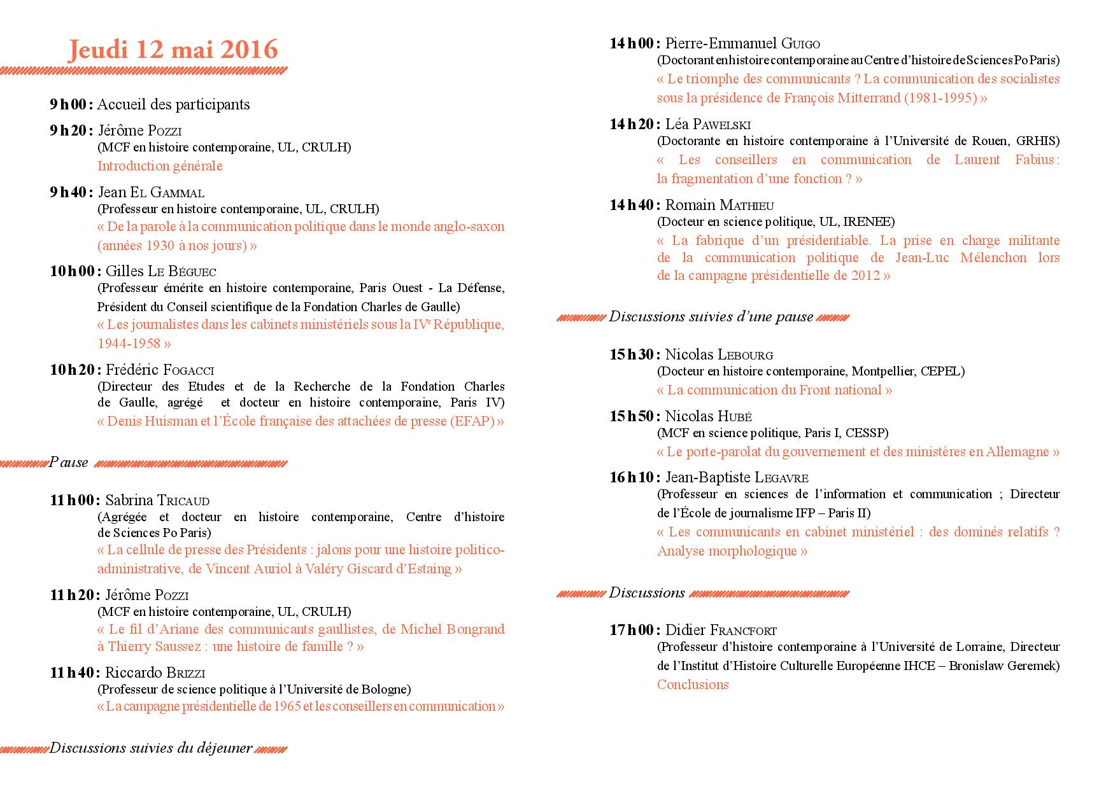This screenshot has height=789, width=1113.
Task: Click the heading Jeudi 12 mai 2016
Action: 173,50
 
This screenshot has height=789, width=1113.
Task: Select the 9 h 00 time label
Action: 72,104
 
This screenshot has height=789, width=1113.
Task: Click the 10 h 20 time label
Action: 75,370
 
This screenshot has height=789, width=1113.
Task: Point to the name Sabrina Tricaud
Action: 157,500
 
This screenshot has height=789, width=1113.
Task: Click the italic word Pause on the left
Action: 68,463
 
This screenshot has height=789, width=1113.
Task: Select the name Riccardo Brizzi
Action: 155,673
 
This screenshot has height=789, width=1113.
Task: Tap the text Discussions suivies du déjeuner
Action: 151,748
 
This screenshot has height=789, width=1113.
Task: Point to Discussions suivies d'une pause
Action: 711,317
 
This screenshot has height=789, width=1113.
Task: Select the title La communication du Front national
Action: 774,390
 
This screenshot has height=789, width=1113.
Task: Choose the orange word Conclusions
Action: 693,685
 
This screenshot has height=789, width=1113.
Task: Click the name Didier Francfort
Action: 721,631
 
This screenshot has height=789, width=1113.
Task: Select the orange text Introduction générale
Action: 160,166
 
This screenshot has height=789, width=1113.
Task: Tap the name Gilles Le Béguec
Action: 161,271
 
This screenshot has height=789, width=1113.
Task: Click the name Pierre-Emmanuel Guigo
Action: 742,43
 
